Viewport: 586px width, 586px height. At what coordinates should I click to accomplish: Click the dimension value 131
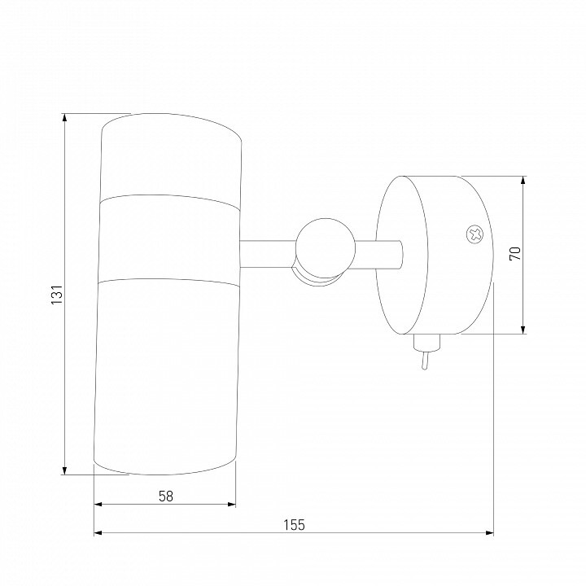(57, 294)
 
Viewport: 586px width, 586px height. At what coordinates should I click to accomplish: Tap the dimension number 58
(166, 496)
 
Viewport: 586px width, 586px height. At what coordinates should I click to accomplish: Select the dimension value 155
(294, 525)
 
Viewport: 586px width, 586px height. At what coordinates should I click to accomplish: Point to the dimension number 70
(515, 254)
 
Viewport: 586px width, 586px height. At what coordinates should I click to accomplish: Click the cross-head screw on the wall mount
(474, 234)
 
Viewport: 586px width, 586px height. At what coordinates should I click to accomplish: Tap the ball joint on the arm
(325, 248)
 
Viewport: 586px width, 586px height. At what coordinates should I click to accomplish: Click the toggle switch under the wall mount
(426, 352)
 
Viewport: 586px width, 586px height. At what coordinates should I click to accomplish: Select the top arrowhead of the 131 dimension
(65, 117)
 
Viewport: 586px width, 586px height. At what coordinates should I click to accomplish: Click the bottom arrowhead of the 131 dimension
(65, 471)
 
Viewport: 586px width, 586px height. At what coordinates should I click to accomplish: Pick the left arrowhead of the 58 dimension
(98, 504)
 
